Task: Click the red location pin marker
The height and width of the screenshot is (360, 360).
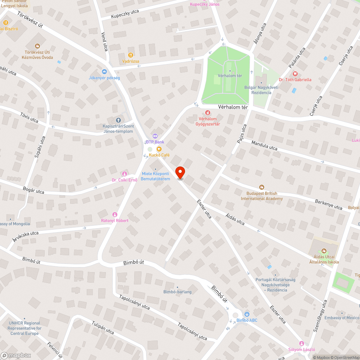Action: (180, 172)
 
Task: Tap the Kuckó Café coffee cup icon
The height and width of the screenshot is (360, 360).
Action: (159, 149)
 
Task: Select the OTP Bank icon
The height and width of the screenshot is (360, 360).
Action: (155, 136)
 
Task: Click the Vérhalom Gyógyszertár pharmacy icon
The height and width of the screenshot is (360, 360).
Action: (208, 113)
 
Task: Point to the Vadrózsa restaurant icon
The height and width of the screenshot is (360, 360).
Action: (130, 55)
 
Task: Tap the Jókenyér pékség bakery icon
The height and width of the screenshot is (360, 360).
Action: (104, 72)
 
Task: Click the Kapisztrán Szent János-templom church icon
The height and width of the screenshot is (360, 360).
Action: (118, 120)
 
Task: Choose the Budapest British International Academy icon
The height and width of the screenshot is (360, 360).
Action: (262, 187)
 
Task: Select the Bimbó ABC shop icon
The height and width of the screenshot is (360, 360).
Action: (247, 314)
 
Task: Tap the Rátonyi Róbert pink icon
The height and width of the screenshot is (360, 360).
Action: (115, 214)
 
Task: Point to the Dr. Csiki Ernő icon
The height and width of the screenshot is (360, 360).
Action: (125, 174)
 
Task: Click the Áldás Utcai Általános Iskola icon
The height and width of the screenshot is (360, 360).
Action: (324, 251)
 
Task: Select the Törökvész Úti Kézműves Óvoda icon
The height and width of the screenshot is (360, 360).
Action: (37, 46)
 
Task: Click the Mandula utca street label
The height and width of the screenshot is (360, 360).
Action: (264, 145)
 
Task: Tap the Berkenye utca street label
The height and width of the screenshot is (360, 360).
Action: (328, 204)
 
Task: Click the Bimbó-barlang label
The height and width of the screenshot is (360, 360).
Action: (177, 292)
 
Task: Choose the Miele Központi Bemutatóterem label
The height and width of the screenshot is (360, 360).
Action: (156, 176)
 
